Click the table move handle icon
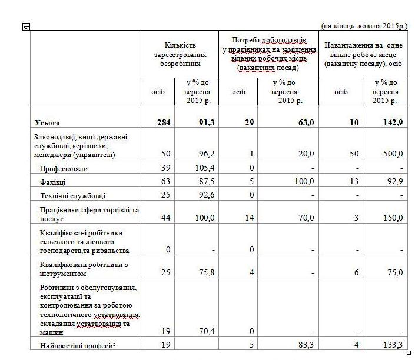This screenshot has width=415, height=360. (x=25, y=26)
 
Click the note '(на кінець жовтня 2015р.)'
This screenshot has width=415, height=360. (x=364, y=26)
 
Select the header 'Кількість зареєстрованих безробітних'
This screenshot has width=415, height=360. (x=180, y=54)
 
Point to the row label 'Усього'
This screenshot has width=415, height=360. (x=48, y=122)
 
